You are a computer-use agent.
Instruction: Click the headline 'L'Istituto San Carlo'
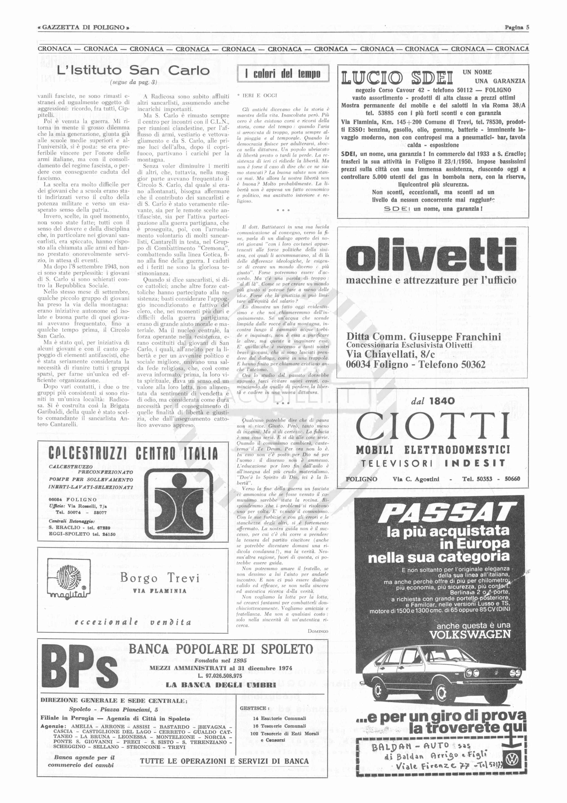(133, 71)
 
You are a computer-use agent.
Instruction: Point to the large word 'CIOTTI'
(433, 426)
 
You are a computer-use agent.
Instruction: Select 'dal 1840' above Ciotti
(433, 400)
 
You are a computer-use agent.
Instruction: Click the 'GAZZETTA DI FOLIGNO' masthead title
(83, 28)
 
